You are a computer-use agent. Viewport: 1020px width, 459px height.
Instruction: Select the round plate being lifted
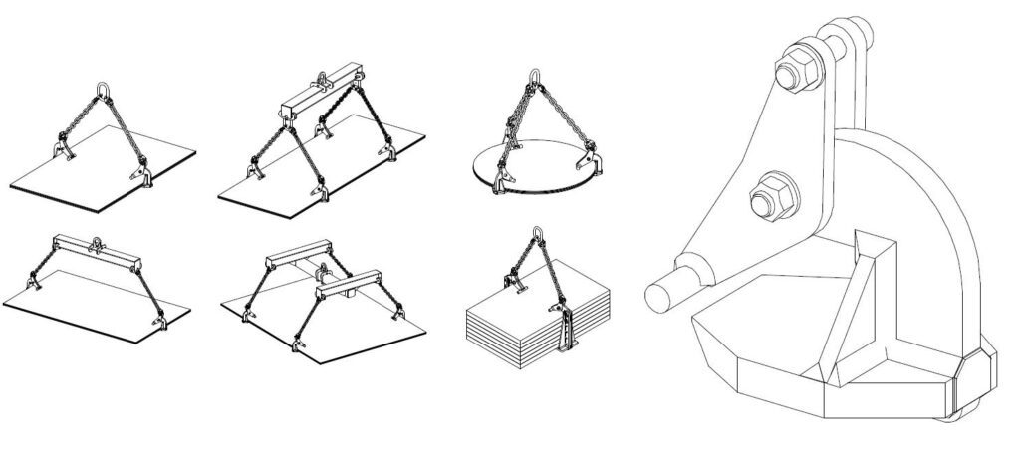click(538, 169)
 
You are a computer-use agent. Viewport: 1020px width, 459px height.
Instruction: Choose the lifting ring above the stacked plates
click(537, 236)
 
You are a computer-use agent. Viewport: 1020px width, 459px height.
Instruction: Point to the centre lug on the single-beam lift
click(98, 242)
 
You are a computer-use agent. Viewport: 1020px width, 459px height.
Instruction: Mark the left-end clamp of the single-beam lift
click(31, 287)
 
